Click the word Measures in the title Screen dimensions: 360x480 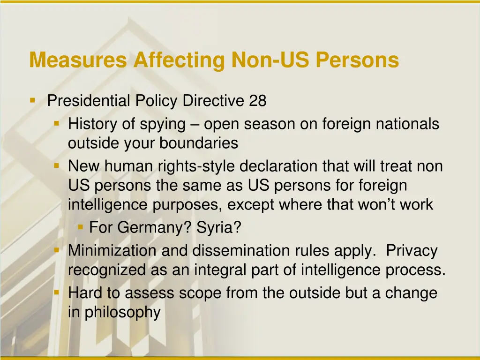pos(78,60)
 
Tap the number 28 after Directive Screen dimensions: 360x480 pos(258,101)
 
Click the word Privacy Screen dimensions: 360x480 pos(412,251)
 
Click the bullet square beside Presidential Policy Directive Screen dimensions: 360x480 pos(32,100)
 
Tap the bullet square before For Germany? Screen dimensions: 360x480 pos(80,227)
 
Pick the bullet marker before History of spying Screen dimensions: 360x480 pos(57,124)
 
